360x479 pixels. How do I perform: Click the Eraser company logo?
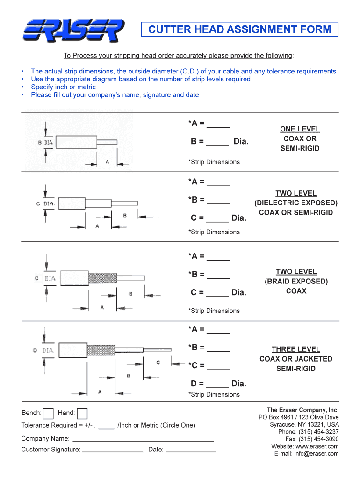73,30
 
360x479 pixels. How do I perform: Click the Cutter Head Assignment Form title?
240,30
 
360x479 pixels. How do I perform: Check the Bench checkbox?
48,414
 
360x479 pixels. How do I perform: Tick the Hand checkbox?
82,414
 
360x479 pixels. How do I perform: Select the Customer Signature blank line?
113,451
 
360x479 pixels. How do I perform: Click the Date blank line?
191,451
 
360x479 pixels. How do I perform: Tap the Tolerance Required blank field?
107,427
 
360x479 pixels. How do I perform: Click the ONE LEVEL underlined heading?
300,129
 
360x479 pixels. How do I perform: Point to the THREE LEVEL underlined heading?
296,349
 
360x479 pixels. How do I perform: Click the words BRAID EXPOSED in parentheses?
296,282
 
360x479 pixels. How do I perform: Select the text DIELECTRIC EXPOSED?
296,203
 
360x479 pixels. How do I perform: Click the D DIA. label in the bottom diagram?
44,350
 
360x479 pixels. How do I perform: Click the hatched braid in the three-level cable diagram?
101,350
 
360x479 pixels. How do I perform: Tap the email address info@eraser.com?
313,454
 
